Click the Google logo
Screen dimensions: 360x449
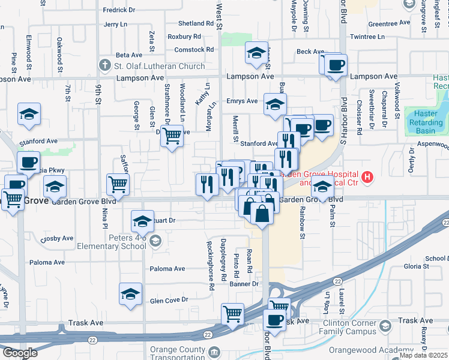pyautogui.click(x=19, y=353)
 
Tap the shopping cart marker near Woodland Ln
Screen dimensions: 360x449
pyautogui.click(x=172, y=136)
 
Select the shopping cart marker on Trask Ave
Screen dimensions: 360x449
pyautogui.click(x=232, y=313)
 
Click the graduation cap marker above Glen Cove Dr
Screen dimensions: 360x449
pyautogui.click(x=130, y=294)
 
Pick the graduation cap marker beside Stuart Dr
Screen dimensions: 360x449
pyautogui.click(x=142, y=221)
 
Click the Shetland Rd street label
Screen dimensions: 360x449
pyautogui.click(x=196, y=24)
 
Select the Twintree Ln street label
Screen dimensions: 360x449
pyautogui.click(x=367, y=37)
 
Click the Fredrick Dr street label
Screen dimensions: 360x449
pyautogui.click(x=119, y=10)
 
